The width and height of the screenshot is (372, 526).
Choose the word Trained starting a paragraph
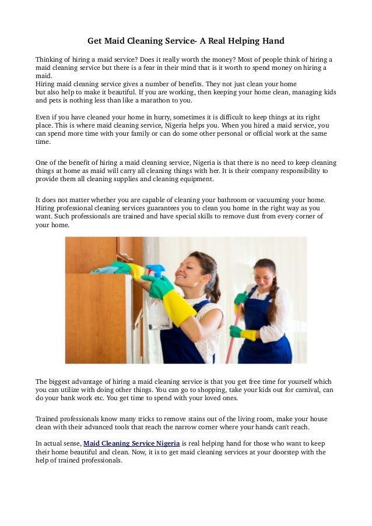[48, 418]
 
